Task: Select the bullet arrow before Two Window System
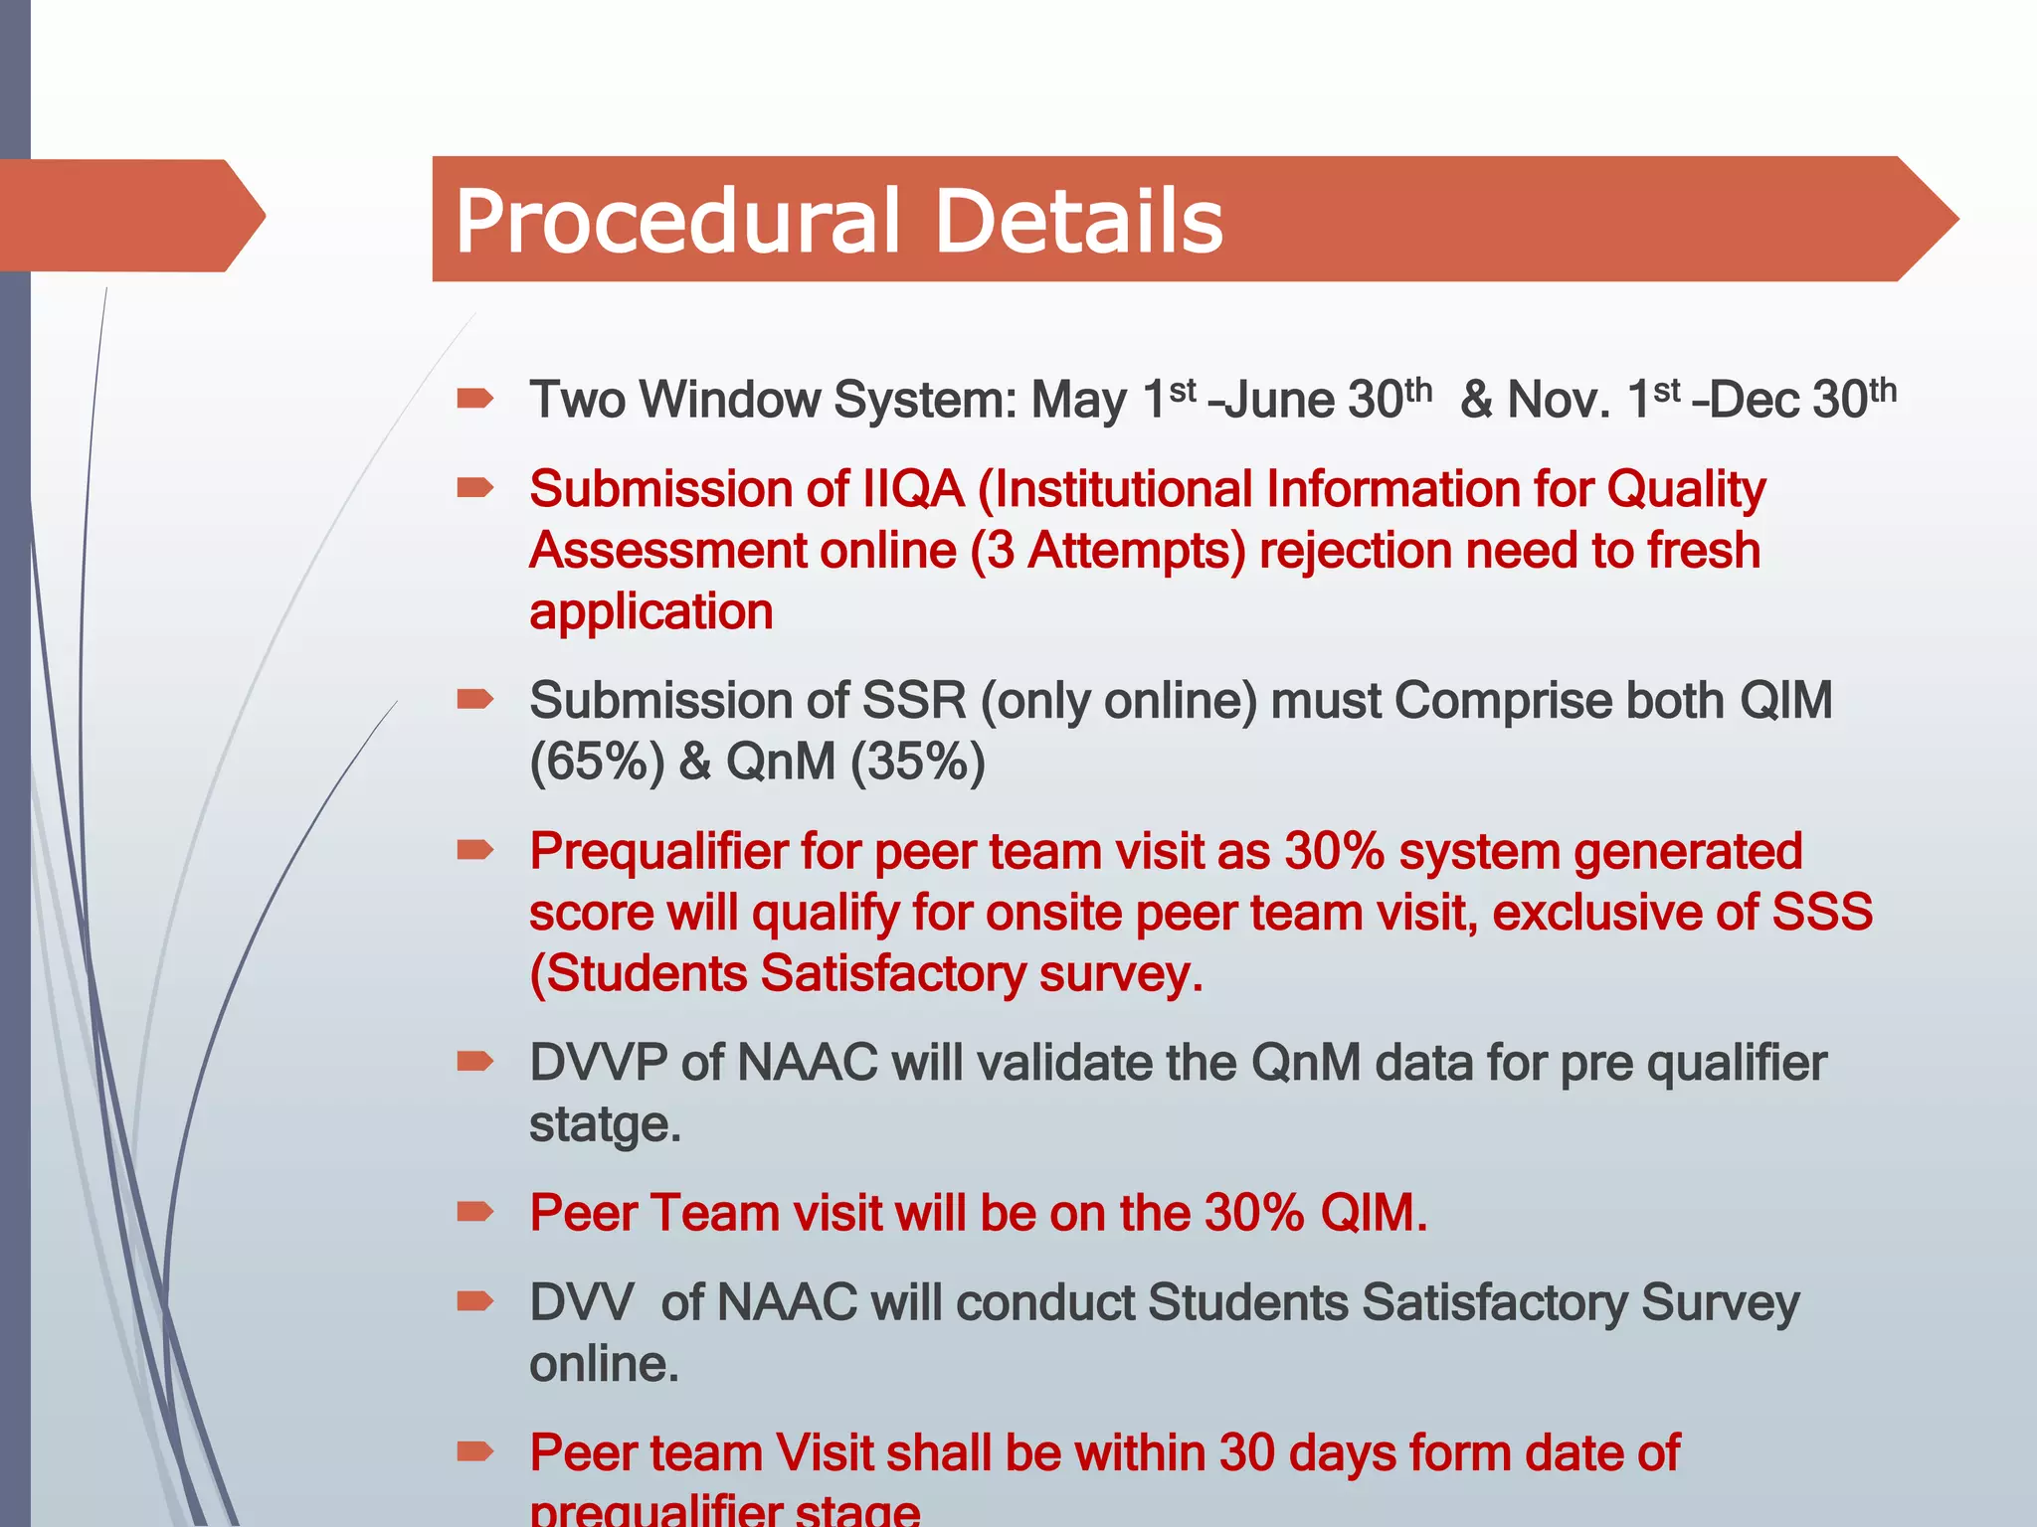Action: click(x=475, y=399)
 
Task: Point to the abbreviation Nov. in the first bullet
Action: click(x=1558, y=401)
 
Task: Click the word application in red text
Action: click(x=650, y=611)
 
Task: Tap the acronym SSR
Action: click(x=913, y=701)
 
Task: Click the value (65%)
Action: click(x=597, y=763)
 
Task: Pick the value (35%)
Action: click(x=917, y=763)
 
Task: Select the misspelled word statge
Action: click(x=604, y=1124)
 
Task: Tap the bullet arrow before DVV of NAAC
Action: click(x=475, y=1301)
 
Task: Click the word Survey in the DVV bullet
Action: click(x=1720, y=1303)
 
